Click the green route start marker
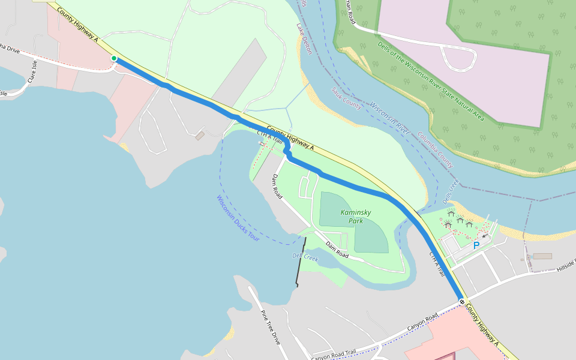(113, 58)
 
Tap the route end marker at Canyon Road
(461, 301)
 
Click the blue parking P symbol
(476, 245)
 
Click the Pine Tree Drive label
(270, 327)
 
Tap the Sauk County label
(346, 98)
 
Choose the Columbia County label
(436, 149)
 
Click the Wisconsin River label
(389, 118)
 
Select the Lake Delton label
(304, 39)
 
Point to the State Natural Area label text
(430, 80)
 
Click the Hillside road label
(566, 264)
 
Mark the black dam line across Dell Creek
(301, 262)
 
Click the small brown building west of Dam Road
(200, 136)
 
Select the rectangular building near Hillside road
(542, 256)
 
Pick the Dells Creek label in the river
(450, 191)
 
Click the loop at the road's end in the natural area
(458, 58)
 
